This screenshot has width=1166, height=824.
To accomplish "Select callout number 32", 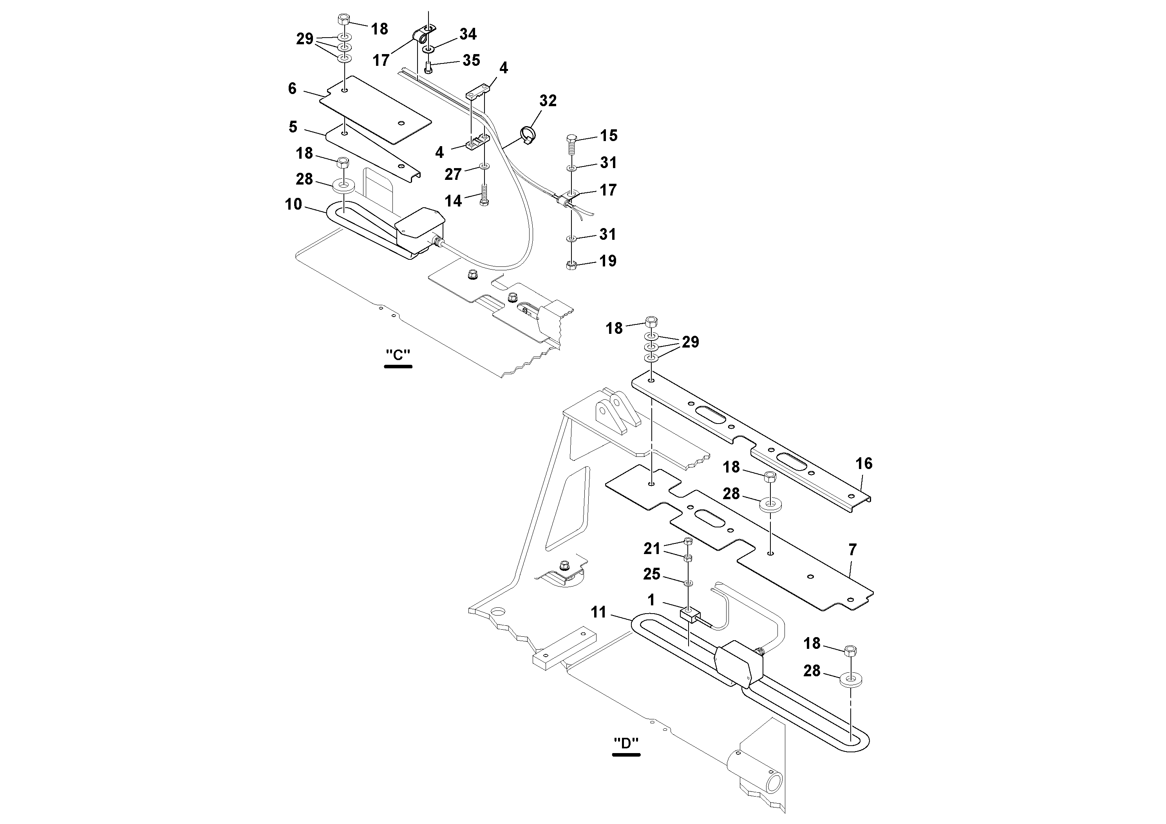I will point(548,101).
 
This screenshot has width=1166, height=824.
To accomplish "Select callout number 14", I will point(453,201).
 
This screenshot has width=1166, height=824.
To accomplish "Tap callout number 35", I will point(471,60).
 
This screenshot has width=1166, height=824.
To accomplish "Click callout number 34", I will point(468,34).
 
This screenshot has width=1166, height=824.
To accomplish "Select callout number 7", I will point(852,549).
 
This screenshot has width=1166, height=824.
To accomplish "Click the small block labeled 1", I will point(689,616).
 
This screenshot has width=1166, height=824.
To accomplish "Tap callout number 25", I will point(652,574).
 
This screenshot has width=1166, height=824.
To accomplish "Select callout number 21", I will point(652,548).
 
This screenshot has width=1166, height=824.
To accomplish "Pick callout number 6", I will point(292,89).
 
